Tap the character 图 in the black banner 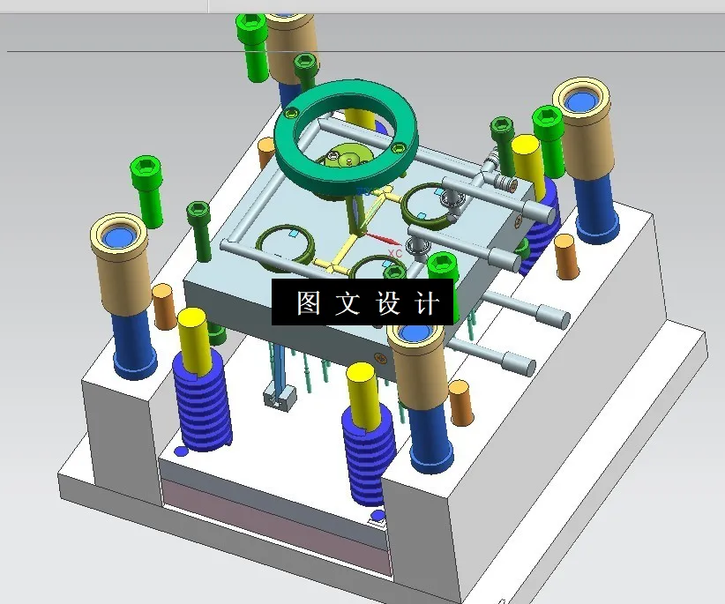(x=308, y=303)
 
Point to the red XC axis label (x=394, y=253)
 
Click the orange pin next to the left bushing (x=164, y=305)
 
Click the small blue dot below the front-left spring (x=181, y=451)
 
